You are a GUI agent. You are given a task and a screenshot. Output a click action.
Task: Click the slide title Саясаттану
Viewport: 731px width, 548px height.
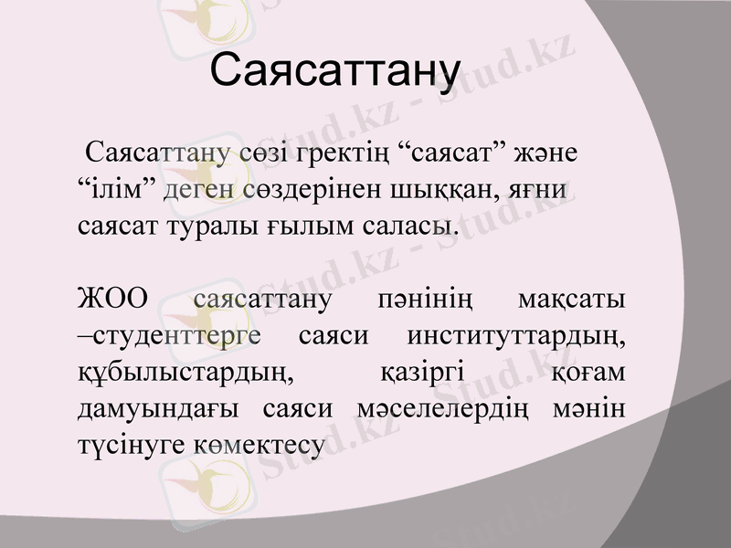tap(334, 70)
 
